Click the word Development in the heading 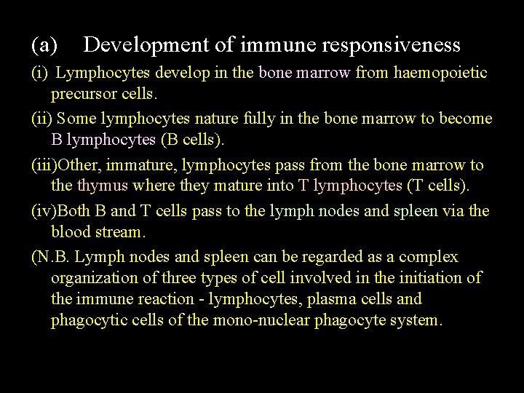pos(146,45)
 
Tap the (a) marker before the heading pos(44,45)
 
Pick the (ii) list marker pos(41,119)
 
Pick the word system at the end pos(418,320)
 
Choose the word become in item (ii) pos(465,119)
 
